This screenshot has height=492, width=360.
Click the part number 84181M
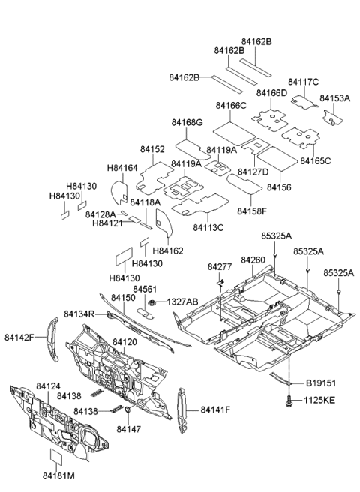tap(58, 475)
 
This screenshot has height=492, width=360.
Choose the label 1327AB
tap(182, 301)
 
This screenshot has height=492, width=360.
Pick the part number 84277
tap(220, 266)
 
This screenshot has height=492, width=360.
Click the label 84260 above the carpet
tap(253, 259)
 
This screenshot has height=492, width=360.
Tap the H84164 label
tap(122, 168)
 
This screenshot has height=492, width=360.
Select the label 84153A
tap(335, 98)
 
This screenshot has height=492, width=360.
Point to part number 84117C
tap(303, 82)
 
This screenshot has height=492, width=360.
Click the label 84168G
tap(186, 123)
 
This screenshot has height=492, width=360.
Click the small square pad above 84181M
tap(58, 457)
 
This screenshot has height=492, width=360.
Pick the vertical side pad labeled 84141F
tap(181, 411)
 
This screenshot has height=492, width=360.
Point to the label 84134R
tap(79, 313)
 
